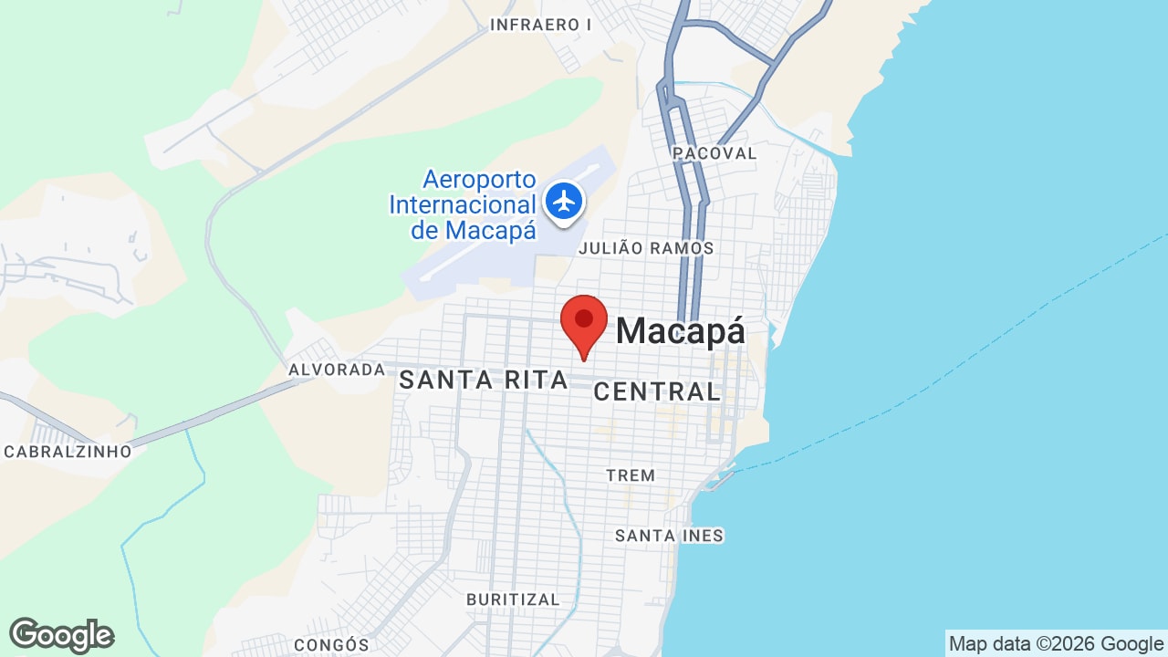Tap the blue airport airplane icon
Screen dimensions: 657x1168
point(564,200)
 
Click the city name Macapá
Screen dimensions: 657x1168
point(681,331)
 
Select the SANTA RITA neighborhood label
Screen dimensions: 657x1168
point(484,381)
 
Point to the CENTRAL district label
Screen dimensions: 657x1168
point(657,392)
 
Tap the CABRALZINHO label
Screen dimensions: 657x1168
point(68,452)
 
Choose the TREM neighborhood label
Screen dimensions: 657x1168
point(631,475)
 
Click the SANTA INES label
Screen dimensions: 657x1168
point(669,536)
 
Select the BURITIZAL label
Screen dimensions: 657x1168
point(513,600)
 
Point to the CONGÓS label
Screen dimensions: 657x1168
point(331,645)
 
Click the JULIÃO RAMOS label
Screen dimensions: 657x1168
point(646,248)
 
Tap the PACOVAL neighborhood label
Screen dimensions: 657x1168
point(714,153)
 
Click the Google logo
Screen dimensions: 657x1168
point(61,635)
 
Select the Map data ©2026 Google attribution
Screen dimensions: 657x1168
point(1056,644)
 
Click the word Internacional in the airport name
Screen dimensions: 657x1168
point(462,205)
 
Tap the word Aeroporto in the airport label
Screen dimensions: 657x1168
point(479,180)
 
